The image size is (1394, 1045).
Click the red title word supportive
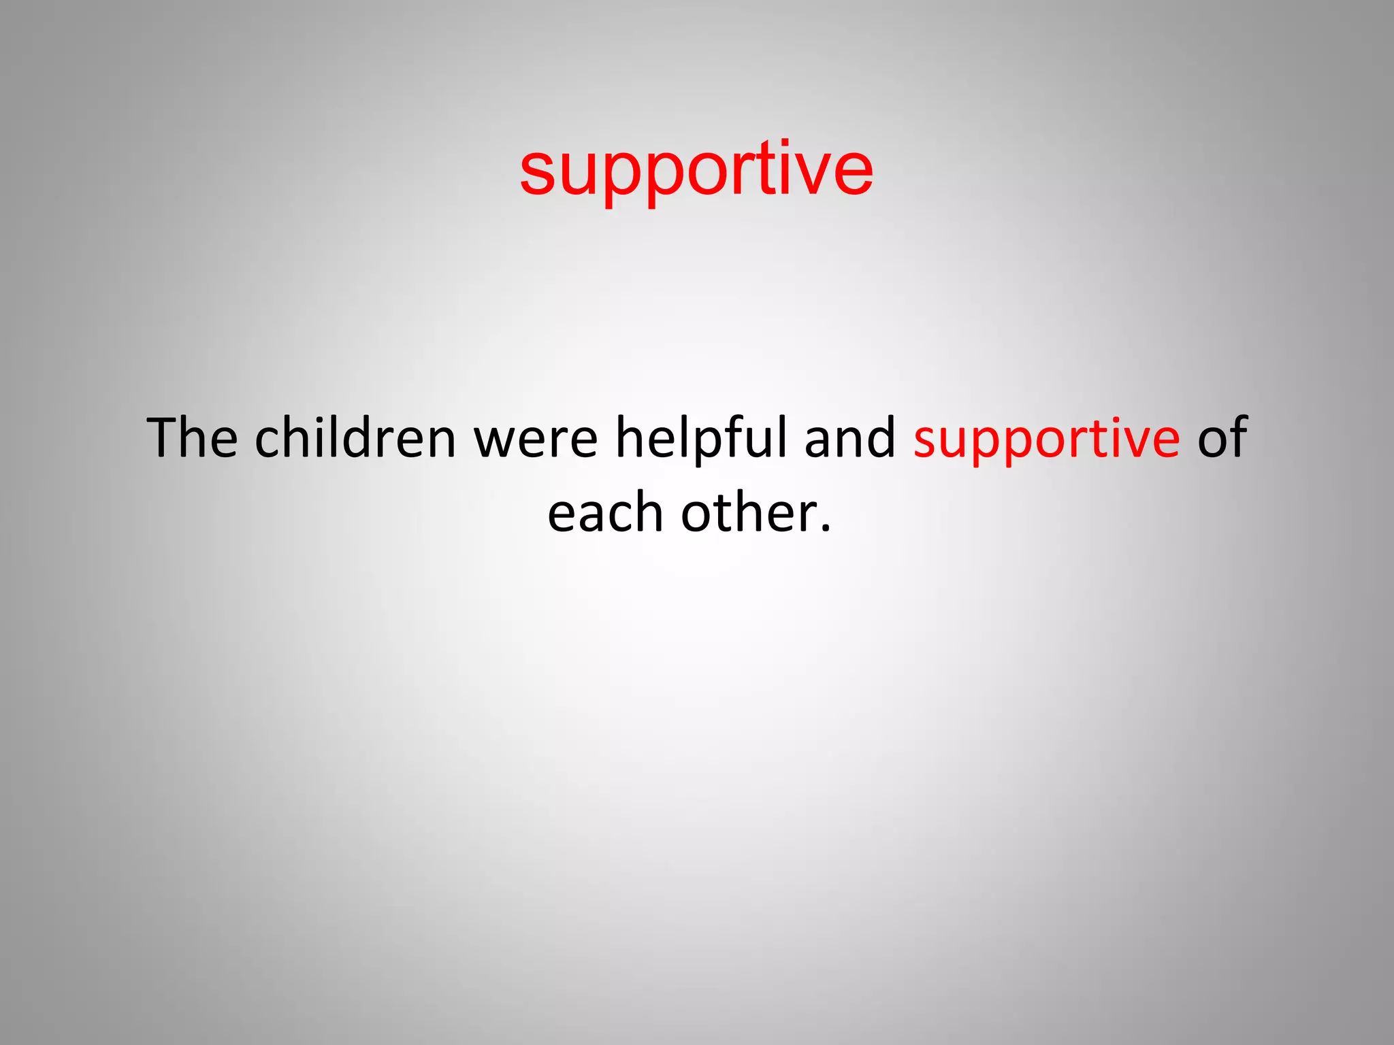(x=696, y=170)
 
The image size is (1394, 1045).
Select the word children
(x=355, y=437)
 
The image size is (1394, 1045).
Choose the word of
(x=1222, y=437)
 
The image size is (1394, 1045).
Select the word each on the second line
(x=604, y=513)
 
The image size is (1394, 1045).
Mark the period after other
(x=825, y=529)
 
